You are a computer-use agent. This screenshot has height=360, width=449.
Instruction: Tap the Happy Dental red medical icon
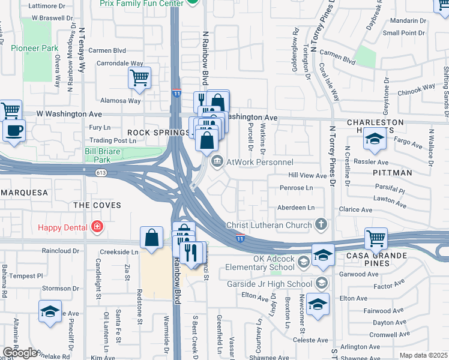97,227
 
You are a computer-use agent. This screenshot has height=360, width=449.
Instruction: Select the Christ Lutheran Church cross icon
321,225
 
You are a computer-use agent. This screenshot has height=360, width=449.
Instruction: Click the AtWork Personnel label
259,162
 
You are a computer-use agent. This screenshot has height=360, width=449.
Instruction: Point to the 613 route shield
101,172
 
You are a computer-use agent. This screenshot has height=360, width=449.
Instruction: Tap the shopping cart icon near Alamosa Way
139,77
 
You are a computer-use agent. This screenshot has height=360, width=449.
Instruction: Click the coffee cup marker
14,130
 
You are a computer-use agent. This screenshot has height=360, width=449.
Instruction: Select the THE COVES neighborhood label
97,205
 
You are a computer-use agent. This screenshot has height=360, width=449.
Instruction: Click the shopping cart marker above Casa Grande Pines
376,238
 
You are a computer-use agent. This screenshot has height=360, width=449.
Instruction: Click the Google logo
20,353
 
